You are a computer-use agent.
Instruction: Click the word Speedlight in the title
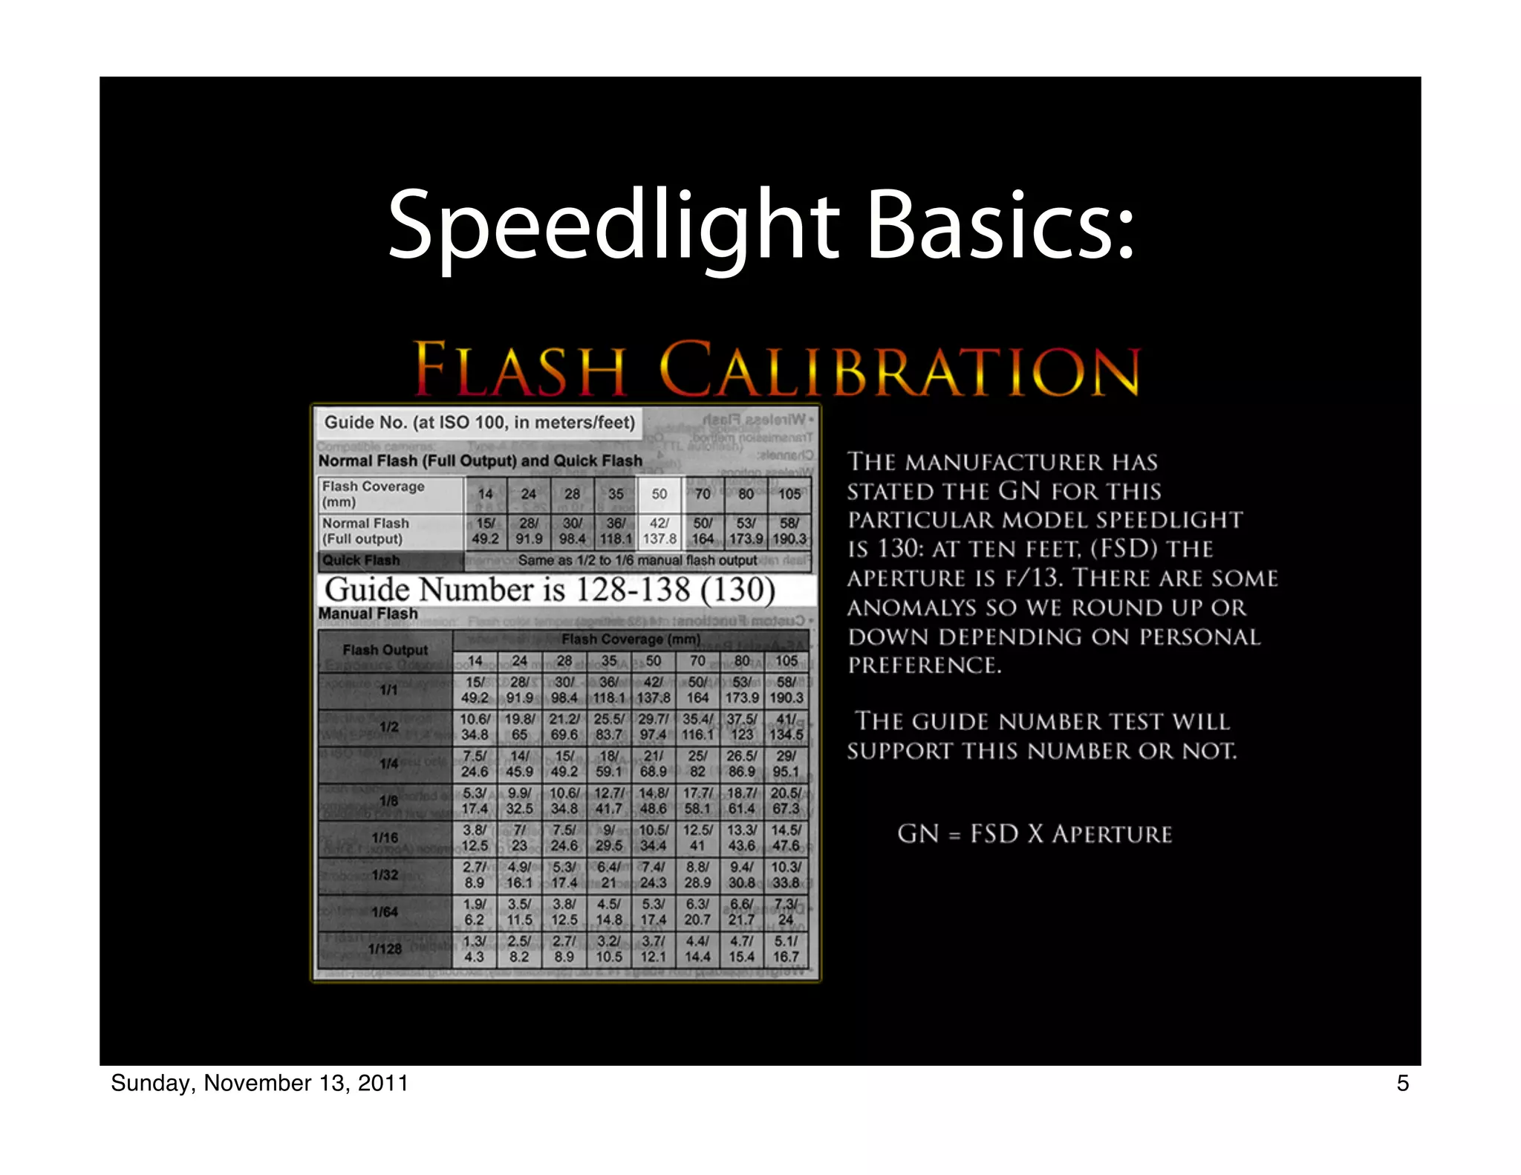613,225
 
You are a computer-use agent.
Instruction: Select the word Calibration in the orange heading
899,369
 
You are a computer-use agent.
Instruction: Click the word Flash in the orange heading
520,369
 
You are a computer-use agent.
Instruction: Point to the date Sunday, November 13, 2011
259,1083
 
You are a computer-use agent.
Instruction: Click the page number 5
1402,1083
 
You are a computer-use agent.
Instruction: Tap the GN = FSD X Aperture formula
1035,834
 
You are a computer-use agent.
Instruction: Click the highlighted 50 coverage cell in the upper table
659,494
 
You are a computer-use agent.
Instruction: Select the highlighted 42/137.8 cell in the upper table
659,531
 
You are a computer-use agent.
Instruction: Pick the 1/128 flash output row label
385,949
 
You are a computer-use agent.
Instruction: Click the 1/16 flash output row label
385,838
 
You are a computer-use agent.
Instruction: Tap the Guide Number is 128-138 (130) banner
550,590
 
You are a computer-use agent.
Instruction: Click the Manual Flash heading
368,614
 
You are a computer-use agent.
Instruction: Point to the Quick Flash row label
361,560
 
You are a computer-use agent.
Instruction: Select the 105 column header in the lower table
786,660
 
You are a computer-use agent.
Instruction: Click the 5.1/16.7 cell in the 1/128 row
786,949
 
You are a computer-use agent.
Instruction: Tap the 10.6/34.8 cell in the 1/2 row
475,726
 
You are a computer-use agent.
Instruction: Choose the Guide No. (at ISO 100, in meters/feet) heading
480,423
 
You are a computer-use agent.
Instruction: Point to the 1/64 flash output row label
385,912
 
